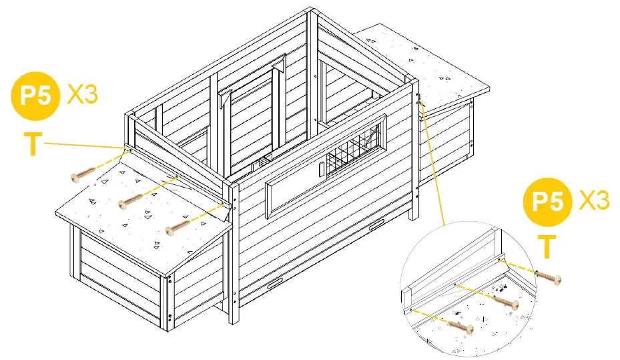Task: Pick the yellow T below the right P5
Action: coord(546,246)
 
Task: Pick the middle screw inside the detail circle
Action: coord(506,302)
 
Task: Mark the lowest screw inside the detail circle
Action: coord(461,327)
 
